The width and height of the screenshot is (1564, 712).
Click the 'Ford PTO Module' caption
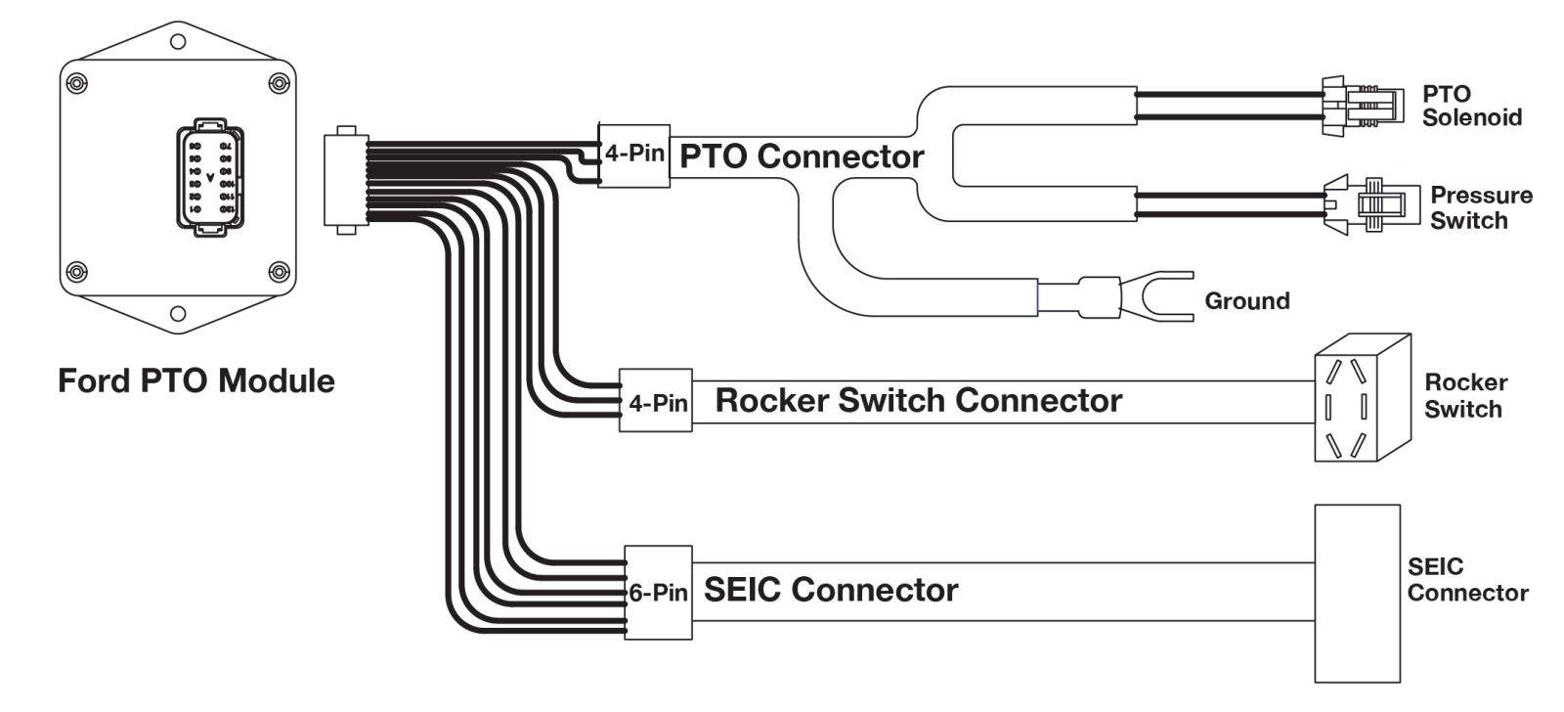point(195,380)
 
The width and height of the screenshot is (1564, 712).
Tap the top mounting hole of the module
point(178,41)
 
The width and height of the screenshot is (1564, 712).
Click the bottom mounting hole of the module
point(178,314)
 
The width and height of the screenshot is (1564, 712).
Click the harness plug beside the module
point(343,179)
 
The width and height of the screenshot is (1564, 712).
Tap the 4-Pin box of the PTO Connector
point(633,156)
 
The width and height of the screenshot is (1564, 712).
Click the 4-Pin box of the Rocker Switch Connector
point(656,400)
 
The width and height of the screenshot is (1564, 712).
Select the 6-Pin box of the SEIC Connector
point(658,593)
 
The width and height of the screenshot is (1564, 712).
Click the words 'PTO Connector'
point(801,156)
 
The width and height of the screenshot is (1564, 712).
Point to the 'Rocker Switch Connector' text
point(918,400)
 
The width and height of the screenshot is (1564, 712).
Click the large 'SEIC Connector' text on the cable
point(830,590)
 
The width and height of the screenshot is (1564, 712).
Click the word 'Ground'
point(1246,301)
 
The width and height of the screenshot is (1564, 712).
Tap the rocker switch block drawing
point(1361,399)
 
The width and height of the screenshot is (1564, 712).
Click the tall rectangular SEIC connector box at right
point(1357,593)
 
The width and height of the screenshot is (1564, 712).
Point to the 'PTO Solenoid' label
point(1471,106)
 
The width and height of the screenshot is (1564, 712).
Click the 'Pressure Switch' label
point(1480,207)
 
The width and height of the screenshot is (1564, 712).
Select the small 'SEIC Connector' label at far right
point(1466,580)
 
